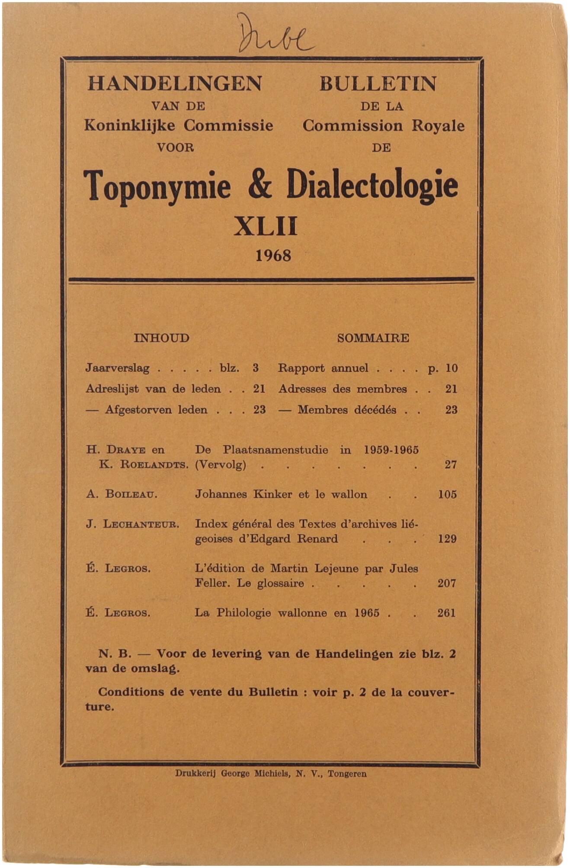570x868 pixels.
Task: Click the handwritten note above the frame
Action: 275,34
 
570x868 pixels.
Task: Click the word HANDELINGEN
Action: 175,83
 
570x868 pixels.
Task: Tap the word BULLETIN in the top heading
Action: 378,83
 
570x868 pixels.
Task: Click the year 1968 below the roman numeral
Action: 273,256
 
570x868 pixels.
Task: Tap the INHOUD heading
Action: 161,338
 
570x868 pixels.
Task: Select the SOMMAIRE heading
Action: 373,338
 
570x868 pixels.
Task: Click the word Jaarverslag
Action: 117,368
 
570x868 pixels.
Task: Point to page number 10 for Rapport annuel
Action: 451,368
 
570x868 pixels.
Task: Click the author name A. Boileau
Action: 122,494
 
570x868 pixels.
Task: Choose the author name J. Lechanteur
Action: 132,524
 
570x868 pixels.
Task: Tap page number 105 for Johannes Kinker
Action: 447,494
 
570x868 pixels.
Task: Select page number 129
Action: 447,539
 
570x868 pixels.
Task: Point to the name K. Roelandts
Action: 144,465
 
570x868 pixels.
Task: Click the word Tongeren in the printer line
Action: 347,774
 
